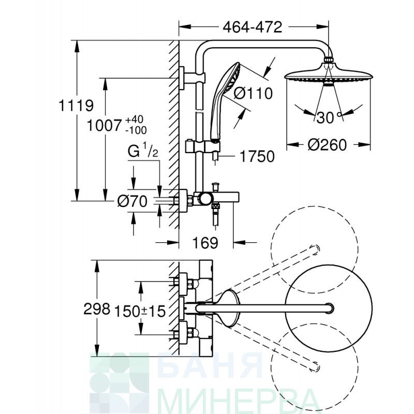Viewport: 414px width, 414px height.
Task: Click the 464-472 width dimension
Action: (253, 27)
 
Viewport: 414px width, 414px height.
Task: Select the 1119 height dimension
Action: (76, 106)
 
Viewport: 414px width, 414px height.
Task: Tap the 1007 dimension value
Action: (105, 125)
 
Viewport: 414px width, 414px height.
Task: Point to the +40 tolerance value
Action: (134, 120)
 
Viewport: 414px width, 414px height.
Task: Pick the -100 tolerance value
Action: (136, 130)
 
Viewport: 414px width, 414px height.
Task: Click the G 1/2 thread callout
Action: (143, 150)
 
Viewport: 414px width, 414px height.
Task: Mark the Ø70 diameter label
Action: (132, 201)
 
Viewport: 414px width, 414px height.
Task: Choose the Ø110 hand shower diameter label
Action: (253, 93)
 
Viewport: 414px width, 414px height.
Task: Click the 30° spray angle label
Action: (329, 117)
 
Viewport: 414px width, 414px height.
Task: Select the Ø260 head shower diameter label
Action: (327, 145)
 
